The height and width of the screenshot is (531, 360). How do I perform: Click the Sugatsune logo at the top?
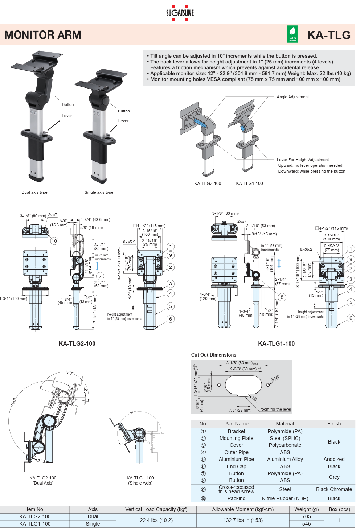click(180, 13)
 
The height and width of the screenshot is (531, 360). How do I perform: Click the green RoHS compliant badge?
click(292, 34)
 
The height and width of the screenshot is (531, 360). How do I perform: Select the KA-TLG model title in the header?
click(329, 35)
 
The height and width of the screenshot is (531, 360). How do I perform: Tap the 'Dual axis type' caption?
click(34, 192)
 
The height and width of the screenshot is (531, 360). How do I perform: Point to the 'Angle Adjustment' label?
click(292, 97)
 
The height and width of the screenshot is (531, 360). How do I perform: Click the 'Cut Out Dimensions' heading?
click(214, 355)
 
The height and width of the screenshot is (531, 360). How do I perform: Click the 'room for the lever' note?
click(275, 409)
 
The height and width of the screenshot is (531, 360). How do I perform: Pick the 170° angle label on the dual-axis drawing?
click(69, 372)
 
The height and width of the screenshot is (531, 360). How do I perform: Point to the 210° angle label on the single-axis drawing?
click(133, 413)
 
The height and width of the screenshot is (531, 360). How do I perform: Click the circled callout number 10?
click(54, 241)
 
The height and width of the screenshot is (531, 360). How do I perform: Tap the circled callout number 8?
click(282, 297)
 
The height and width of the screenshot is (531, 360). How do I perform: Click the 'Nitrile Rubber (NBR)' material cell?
click(285, 498)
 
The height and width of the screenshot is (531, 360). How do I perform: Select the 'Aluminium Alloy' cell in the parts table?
click(285, 460)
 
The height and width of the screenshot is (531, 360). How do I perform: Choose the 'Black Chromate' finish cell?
click(334, 489)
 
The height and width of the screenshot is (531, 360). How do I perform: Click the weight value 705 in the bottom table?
click(306, 516)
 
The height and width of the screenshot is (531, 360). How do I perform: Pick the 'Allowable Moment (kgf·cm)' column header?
click(243, 510)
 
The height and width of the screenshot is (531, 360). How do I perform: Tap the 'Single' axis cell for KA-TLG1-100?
click(93, 524)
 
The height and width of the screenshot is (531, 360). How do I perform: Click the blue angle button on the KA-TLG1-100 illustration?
click(243, 128)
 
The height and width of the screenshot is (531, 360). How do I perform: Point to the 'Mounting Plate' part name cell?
click(236, 438)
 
